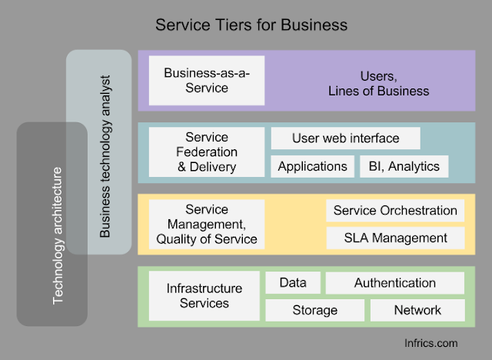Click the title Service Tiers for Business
point(251,25)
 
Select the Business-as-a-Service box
point(207,80)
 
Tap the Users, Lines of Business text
point(389,83)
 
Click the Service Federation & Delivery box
point(207,152)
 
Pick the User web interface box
point(345,138)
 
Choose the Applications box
point(312,166)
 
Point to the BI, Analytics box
point(403,166)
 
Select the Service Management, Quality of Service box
point(207,224)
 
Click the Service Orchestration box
point(395,211)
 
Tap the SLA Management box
point(395,238)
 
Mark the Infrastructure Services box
point(204,295)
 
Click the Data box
point(293,283)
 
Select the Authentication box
point(395,283)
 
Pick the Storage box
point(314,310)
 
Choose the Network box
point(417,310)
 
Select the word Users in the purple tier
point(377,76)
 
